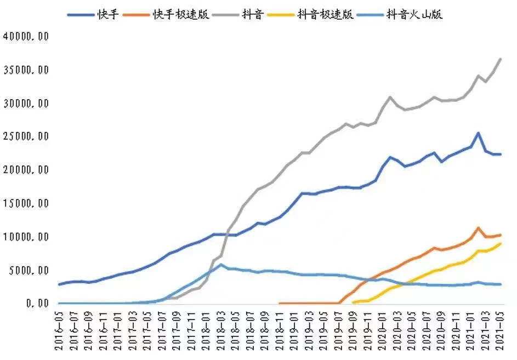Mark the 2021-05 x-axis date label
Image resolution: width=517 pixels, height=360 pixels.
click(499, 331)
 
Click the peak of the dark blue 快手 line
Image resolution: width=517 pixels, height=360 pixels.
click(478, 133)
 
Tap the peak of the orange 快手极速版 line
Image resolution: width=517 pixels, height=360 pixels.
click(478, 228)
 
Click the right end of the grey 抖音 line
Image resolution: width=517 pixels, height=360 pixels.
click(500, 59)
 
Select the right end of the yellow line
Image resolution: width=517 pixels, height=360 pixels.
click(500, 244)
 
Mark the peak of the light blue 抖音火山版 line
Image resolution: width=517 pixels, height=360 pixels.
click(221, 265)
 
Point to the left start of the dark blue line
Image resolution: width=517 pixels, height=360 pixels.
click(60, 284)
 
